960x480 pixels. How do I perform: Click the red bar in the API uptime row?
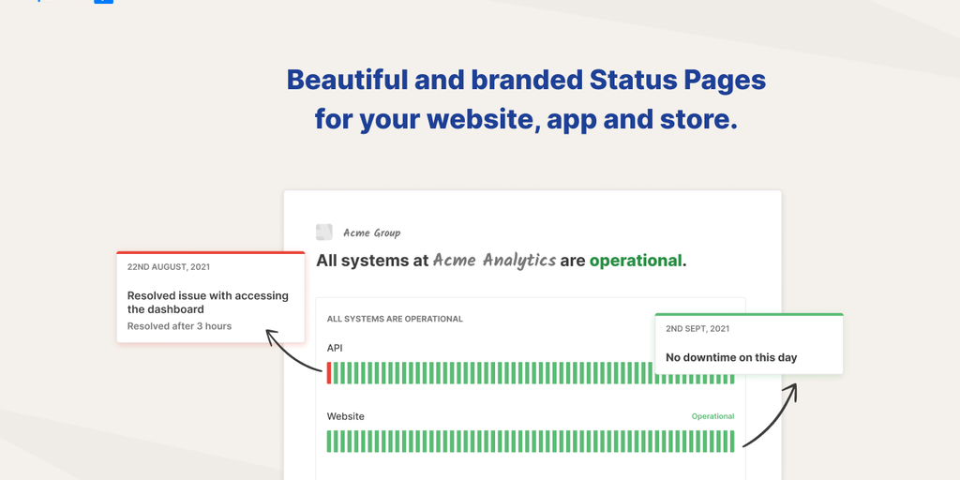[x=329, y=373]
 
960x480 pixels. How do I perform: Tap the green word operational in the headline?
[x=636, y=261]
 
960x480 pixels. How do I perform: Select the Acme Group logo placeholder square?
[x=323, y=232]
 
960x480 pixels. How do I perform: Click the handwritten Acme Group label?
[x=371, y=232]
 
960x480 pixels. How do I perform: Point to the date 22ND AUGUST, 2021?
[x=169, y=267]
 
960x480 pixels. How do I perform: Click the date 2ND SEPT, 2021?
[x=697, y=329]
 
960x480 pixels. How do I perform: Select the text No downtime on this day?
[x=731, y=357]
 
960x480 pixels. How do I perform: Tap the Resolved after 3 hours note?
[x=179, y=326]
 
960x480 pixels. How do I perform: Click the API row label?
[x=335, y=348]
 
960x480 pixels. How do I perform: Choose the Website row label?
[x=345, y=416]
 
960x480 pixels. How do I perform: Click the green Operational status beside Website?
[x=712, y=416]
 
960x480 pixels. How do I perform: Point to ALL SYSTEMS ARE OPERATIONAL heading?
[x=395, y=319]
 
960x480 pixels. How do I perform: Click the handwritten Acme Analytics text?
[x=494, y=261]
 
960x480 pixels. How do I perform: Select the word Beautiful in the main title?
[x=347, y=80]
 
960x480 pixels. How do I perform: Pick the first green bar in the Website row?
[x=329, y=442]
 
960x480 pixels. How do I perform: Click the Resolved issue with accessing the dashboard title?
[x=207, y=303]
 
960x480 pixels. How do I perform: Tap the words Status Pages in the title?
[x=678, y=81]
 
